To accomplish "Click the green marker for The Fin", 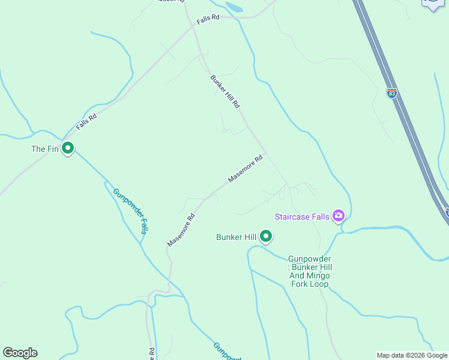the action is pos(68,148).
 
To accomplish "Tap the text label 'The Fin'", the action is pos(45,149).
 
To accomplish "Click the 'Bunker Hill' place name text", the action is pos(237,238).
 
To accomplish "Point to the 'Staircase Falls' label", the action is pos(302,217).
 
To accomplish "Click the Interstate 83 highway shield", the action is pos(392,94).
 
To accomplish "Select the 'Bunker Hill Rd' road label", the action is pos(225,91).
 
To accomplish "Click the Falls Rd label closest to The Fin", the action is pos(86,122).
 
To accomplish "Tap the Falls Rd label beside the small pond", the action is pos(208,19).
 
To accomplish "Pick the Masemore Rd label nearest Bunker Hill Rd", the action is pos(246,170).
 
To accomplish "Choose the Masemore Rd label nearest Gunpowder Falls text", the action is pos(181,230).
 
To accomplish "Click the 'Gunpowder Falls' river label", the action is pos(130,211).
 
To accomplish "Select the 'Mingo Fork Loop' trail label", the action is pos(309,271).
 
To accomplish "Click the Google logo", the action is pos(20,353).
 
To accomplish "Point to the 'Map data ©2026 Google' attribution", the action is pos(412,355).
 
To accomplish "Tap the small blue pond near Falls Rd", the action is pos(234,8).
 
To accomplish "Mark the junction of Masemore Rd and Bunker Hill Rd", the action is pos(266,152).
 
